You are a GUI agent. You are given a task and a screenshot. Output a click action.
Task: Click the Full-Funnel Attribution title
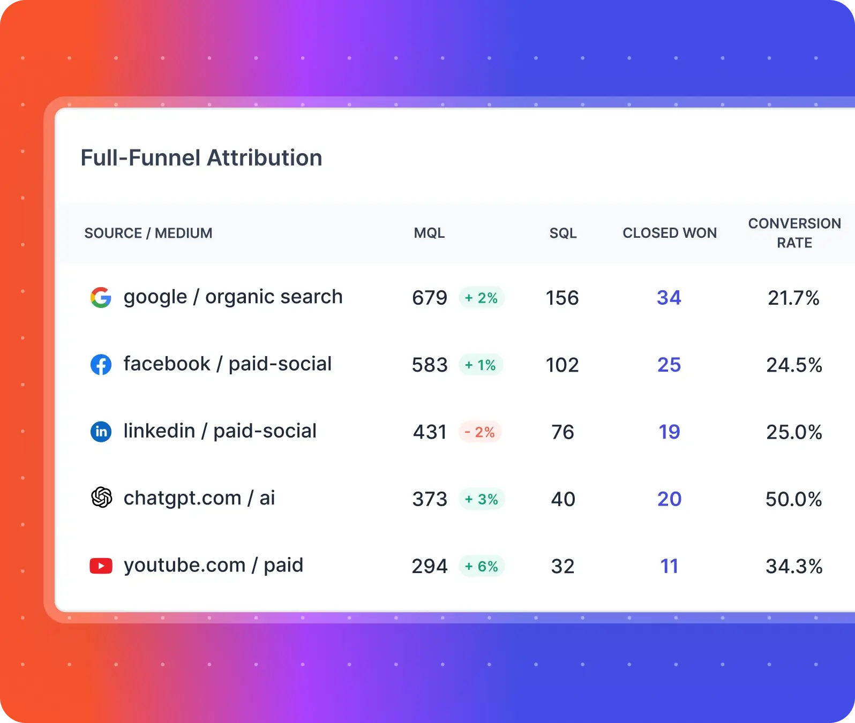point(201,158)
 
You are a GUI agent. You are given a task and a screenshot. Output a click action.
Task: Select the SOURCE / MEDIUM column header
point(148,234)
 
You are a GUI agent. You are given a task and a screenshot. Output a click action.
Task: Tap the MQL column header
point(429,234)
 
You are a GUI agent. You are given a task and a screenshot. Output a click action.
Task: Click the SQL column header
point(563,234)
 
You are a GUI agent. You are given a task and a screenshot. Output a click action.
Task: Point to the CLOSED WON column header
point(670,234)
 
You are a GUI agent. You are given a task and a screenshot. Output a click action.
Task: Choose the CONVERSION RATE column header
point(794,233)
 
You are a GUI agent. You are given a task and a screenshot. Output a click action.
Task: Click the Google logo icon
point(101,297)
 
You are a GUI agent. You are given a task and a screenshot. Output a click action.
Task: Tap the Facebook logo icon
point(101,365)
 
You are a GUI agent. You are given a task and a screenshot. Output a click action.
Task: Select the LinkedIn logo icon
point(101,432)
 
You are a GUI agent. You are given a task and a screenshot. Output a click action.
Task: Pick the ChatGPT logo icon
point(101,498)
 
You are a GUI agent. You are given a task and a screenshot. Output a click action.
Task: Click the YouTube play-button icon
point(101,566)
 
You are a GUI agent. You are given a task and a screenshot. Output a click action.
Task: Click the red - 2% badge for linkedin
point(480,432)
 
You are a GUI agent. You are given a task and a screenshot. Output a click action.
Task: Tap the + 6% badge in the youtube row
point(482,567)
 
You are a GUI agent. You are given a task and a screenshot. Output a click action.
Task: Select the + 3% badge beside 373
point(482,499)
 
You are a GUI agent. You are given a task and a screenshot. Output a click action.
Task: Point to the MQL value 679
point(429,298)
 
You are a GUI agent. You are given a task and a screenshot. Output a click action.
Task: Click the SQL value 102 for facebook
point(562,365)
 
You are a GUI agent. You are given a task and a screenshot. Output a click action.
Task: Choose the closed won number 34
point(669,298)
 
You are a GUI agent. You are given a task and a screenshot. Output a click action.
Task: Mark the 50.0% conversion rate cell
point(793,499)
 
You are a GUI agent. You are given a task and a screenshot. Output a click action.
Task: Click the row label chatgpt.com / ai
point(199,498)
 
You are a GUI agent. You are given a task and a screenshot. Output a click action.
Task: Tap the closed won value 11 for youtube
point(669,567)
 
